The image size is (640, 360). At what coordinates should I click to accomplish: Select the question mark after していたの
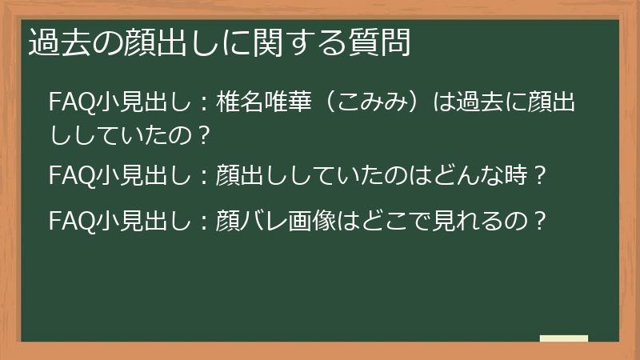click(x=204, y=134)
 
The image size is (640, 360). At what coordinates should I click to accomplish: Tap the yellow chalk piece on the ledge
click(x=563, y=338)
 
